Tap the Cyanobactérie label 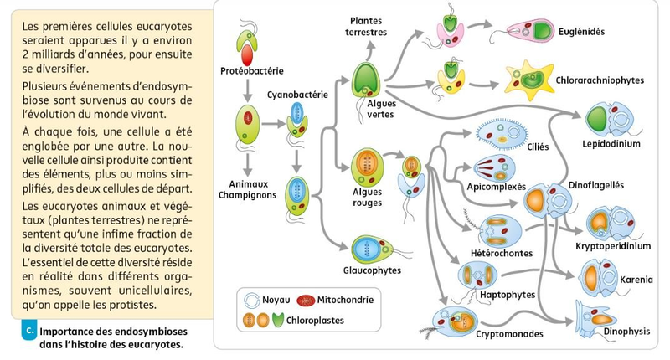pyautogui.click(x=296, y=95)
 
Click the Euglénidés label pyautogui.click(x=581, y=33)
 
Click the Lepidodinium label pyautogui.click(x=611, y=144)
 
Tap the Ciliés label pyautogui.click(x=538, y=147)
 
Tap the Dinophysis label pyautogui.click(x=626, y=332)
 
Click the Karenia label pyautogui.click(x=636, y=279)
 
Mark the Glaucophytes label pyautogui.click(x=371, y=270)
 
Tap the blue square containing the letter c pyautogui.click(x=30, y=330)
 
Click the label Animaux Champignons pyautogui.click(x=252, y=189)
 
